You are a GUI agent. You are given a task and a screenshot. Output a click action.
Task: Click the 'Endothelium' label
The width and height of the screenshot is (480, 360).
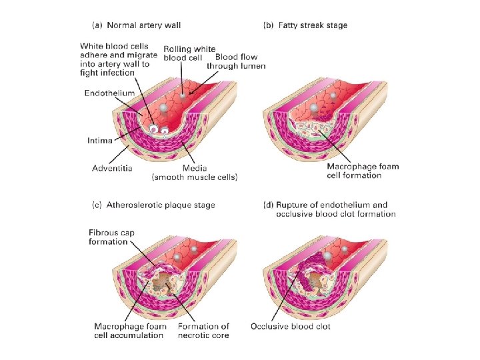pyautogui.click(x=109, y=93)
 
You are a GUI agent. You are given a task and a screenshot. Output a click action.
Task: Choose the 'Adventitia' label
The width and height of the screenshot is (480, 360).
pyautogui.click(x=111, y=167)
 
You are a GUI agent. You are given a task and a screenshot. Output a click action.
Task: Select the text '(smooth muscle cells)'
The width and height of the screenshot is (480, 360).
pyautogui.click(x=195, y=177)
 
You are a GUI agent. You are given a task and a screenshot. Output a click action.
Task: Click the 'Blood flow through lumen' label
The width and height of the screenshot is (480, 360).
pyautogui.click(x=237, y=61)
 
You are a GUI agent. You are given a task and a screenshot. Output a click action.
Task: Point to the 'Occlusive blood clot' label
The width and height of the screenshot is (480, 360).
pyautogui.click(x=290, y=326)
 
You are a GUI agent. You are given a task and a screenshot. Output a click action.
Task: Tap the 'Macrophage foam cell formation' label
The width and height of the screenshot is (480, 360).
pyautogui.click(x=363, y=171)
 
